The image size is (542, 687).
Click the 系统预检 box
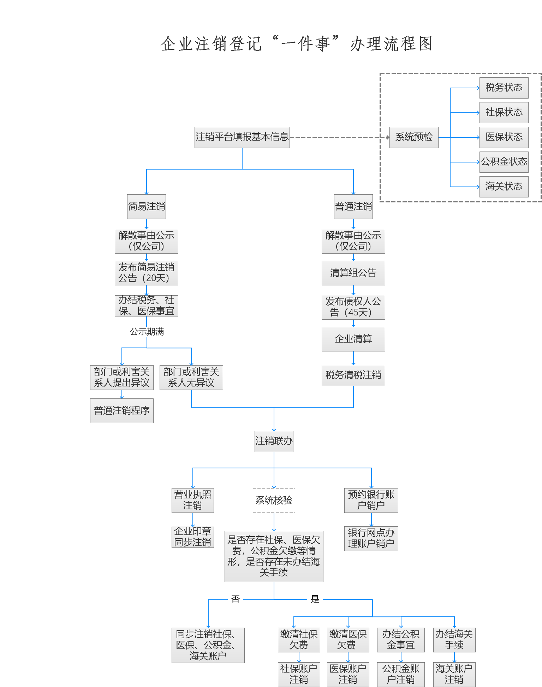(x=414, y=137)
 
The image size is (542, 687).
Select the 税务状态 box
(x=504, y=88)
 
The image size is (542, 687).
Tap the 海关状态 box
(x=504, y=186)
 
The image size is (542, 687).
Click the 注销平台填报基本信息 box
(x=242, y=137)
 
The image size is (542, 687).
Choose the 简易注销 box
(x=147, y=206)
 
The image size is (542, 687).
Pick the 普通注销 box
(x=353, y=206)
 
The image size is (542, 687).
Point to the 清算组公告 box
(x=353, y=273)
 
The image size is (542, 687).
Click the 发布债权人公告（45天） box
(x=353, y=307)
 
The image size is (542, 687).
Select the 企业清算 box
(x=353, y=339)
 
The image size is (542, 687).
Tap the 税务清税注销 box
(x=353, y=375)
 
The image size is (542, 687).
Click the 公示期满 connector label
(x=147, y=332)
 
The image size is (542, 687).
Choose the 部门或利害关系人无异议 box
(x=191, y=377)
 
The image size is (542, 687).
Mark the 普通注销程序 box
(x=122, y=410)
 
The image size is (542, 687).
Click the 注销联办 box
(x=274, y=441)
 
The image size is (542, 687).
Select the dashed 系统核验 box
(x=274, y=500)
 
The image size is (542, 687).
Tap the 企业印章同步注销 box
(x=193, y=537)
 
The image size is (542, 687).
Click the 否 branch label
(x=236, y=599)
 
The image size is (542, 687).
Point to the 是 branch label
(x=315, y=599)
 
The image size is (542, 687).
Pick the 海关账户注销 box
(x=454, y=674)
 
